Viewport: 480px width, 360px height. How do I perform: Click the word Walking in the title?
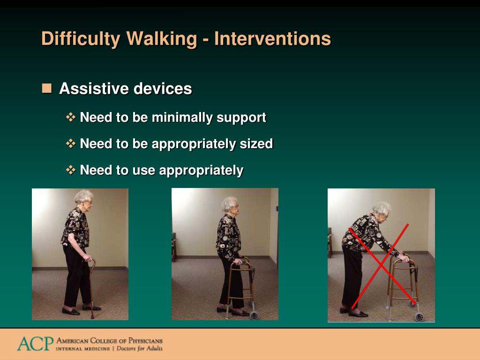[x=162, y=39]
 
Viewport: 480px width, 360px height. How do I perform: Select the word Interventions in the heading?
[x=272, y=38]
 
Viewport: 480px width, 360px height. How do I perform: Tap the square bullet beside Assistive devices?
[x=47, y=88]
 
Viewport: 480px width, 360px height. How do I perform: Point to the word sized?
[x=256, y=143]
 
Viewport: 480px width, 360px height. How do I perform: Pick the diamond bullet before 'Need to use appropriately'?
[x=71, y=170]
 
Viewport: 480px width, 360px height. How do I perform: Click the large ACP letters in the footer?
[x=35, y=344]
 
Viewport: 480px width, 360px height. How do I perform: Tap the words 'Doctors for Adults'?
[x=140, y=348]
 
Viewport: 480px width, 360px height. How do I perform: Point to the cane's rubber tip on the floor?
[x=92, y=316]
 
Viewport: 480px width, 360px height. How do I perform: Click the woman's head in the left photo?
[x=83, y=199]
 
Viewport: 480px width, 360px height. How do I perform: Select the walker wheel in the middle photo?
[x=254, y=315]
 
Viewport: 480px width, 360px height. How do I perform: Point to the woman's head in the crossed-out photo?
[x=382, y=210]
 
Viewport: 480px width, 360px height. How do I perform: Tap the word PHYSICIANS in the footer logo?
[x=145, y=341]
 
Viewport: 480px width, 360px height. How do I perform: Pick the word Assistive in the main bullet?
[x=95, y=89]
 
